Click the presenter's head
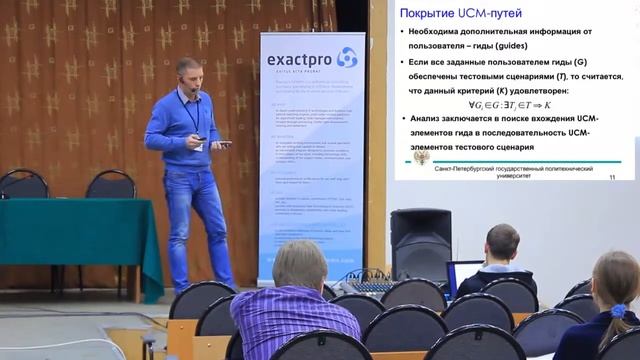tap(188, 74)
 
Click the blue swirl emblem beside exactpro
tap(346, 57)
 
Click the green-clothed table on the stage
tap(80, 235)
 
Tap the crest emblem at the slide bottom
tap(421, 159)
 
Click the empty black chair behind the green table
tap(110, 185)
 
